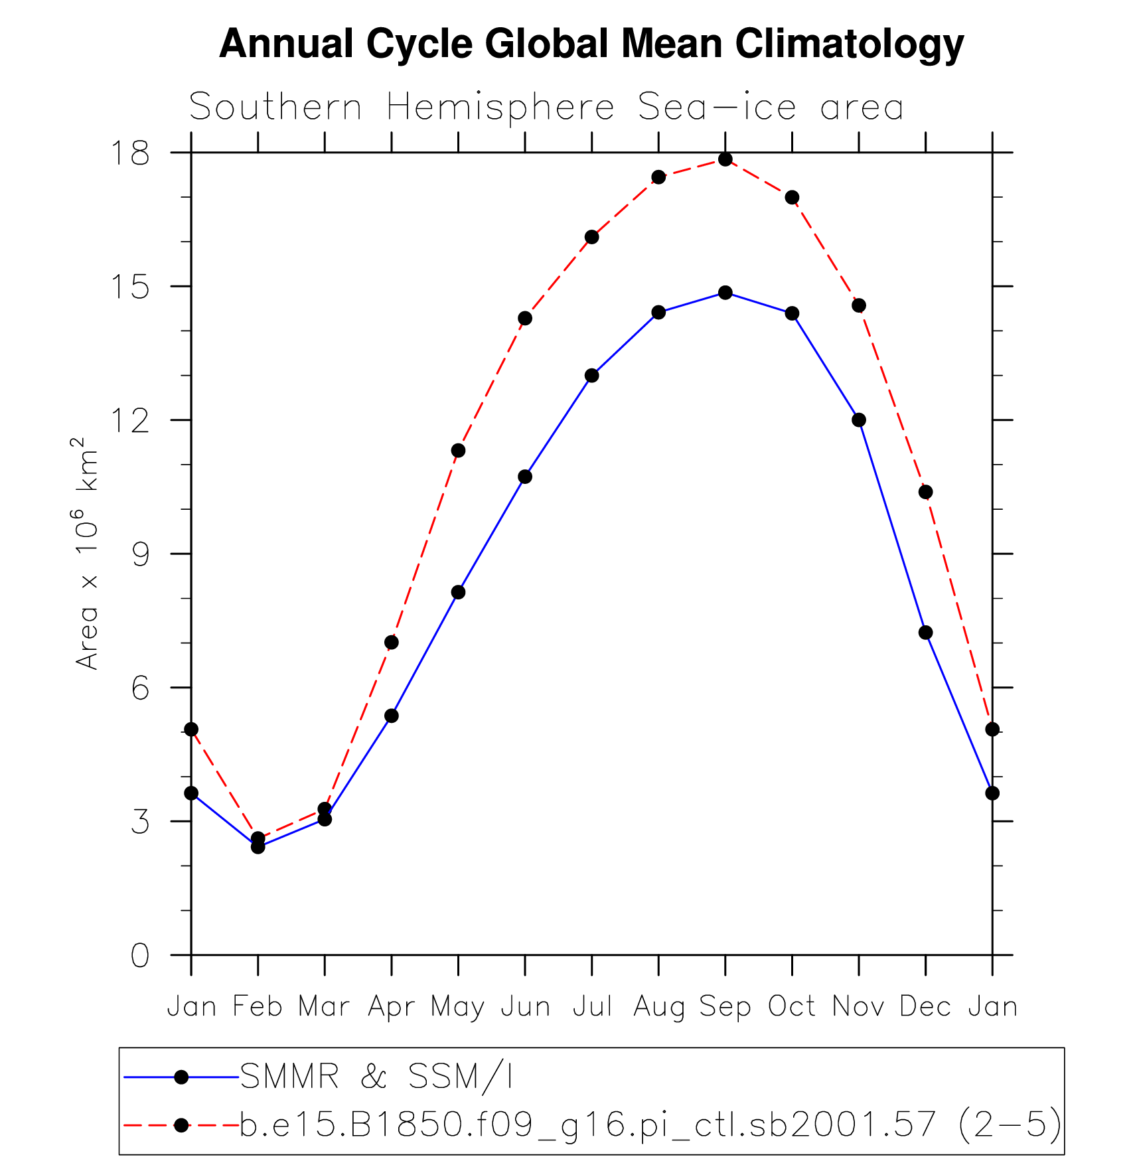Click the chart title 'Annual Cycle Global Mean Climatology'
coord(591,44)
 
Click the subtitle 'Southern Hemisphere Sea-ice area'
coord(546,107)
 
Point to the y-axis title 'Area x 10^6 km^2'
coord(87,553)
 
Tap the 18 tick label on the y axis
coord(130,153)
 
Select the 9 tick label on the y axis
coord(140,554)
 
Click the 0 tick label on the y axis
coord(140,955)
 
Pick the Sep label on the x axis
coord(725,1007)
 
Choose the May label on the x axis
coord(457,1007)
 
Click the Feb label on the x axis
coord(258,1007)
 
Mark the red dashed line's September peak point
coord(725,159)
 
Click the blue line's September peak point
coord(725,293)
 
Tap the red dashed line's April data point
coord(391,642)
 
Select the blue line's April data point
coord(391,716)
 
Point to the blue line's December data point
coord(925,633)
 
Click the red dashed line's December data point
coord(925,492)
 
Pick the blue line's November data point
coord(859,420)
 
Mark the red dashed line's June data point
coord(525,318)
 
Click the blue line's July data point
coord(591,376)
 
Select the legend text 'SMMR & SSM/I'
coord(376,1076)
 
